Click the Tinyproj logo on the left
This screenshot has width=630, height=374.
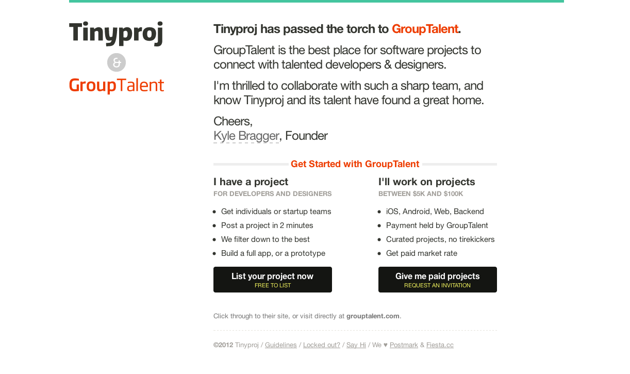click(x=116, y=33)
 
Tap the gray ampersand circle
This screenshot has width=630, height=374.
click(x=117, y=62)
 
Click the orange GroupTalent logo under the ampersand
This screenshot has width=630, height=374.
click(x=117, y=86)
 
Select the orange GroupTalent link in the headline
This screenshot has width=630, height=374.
click(x=425, y=29)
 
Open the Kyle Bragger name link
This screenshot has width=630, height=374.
click(x=246, y=136)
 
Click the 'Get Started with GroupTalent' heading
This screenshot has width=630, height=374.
click(x=355, y=164)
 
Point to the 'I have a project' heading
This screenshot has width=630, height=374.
click(x=251, y=182)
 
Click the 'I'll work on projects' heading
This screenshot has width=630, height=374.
click(x=426, y=182)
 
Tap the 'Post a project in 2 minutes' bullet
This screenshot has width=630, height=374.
click(x=267, y=225)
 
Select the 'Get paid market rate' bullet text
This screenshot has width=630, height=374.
click(x=421, y=253)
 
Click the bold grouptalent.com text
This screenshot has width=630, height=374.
click(x=373, y=316)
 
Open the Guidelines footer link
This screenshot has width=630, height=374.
click(x=280, y=345)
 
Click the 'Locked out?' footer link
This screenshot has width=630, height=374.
click(x=322, y=345)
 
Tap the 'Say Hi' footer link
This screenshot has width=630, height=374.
click(x=356, y=345)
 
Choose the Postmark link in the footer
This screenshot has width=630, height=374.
click(x=404, y=345)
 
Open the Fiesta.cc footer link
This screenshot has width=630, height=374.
click(x=440, y=345)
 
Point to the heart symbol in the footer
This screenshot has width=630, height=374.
click(x=385, y=345)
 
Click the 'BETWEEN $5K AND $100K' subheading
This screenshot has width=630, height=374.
click(x=421, y=194)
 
